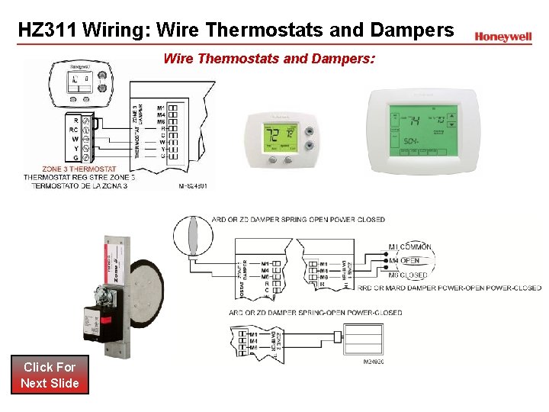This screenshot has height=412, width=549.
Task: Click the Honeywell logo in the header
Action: pos(502,37)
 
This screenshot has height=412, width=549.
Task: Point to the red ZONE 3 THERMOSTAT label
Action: pos(79,169)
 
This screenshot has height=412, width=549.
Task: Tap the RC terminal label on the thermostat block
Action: pos(74,129)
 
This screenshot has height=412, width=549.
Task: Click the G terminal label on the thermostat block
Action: pos(75,158)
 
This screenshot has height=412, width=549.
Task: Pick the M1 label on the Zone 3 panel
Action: pos(161,107)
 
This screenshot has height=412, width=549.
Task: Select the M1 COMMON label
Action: pos(410,247)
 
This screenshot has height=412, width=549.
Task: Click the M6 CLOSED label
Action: pos(409,275)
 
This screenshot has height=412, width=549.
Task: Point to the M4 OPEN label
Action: pos(405,261)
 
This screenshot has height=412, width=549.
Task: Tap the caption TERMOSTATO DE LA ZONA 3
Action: pos(79,185)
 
